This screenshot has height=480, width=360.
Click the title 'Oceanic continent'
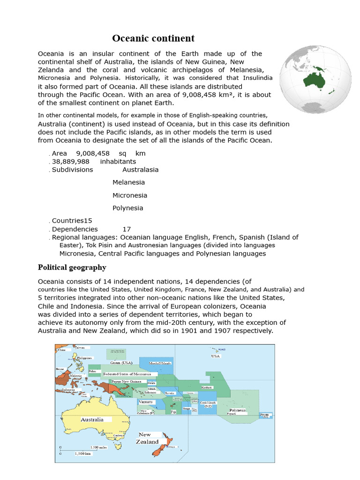(153, 38)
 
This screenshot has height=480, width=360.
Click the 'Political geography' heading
(72, 268)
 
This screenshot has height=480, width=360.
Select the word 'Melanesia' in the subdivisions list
(128, 182)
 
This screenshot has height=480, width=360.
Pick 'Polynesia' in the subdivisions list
(127, 208)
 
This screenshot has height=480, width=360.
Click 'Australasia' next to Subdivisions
(140, 170)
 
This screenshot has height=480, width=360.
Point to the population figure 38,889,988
(70, 161)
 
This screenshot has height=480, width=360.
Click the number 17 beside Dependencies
(127, 229)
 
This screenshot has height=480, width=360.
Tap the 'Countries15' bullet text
(72, 220)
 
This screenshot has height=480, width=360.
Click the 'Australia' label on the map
(92, 420)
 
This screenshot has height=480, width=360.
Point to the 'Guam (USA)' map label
(121, 362)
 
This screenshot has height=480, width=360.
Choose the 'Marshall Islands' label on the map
(160, 363)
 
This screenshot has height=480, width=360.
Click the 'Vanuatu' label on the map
(145, 402)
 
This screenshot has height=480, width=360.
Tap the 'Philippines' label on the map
(84, 358)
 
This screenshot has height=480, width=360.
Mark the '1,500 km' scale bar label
(82, 453)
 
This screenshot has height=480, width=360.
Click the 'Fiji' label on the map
(173, 412)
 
